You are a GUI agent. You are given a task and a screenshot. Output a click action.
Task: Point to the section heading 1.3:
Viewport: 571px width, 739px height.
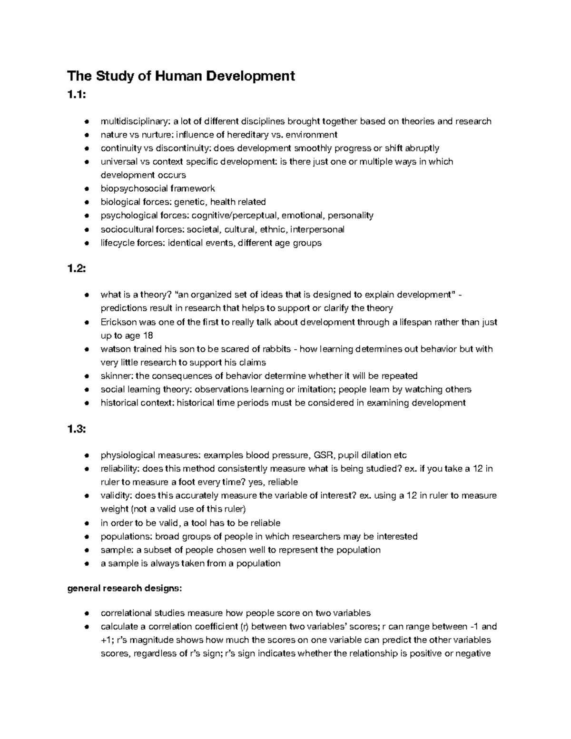[x=77, y=429]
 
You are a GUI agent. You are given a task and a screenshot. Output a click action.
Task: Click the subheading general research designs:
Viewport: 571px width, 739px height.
[x=124, y=588]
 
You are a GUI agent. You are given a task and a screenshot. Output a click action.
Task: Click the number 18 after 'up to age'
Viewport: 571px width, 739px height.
[x=148, y=335]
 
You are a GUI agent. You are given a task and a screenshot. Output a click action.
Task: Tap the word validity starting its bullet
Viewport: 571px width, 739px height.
[x=115, y=496]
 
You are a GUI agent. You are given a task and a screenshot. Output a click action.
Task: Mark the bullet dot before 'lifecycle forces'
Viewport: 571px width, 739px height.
[x=87, y=243]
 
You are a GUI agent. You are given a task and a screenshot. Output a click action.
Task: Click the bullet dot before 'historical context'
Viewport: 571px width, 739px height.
[x=87, y=403]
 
